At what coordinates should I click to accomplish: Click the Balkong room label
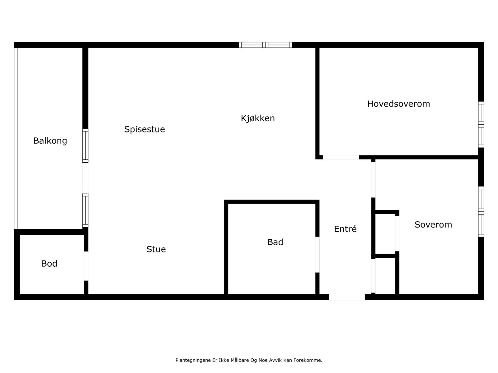click(50, 141)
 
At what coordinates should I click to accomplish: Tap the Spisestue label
click(144, 129)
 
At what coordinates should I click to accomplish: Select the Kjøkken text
click(258, 118)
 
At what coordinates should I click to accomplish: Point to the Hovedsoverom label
click(398, 104)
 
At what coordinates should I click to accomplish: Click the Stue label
click(156, 249)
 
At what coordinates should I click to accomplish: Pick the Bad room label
click(275, 242)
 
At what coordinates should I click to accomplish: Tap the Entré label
click(345, 229)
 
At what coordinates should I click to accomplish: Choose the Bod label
click(49, 264)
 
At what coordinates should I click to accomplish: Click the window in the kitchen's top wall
click(265, 45)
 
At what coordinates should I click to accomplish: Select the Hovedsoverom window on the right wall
click(481, 124)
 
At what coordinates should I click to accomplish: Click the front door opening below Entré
click(347, 297)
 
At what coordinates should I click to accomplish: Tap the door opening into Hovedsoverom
click(341, 157)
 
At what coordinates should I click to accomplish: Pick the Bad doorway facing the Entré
click(317, 255)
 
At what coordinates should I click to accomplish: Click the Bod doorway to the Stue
click(86, 266)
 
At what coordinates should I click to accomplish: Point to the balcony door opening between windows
click(85, 178)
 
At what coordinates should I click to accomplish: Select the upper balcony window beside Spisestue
click(85, 145)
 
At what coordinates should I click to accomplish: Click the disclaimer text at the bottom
click(249, 360)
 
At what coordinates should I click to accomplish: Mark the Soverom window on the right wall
click(481, 212)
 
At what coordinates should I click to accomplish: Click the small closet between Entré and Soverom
click(385, 234)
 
